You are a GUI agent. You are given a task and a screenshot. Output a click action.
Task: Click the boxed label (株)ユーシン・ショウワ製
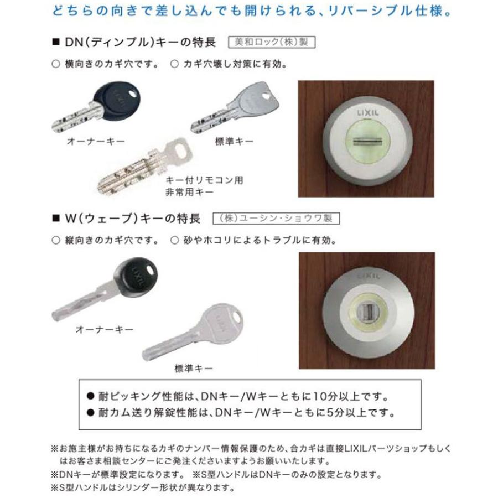pos(276,219)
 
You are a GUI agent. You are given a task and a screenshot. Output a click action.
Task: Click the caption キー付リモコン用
pos(205,180)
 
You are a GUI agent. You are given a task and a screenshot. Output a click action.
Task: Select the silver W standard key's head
pos(220,320)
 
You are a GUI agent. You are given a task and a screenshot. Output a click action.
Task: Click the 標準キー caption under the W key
pos(193,367)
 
